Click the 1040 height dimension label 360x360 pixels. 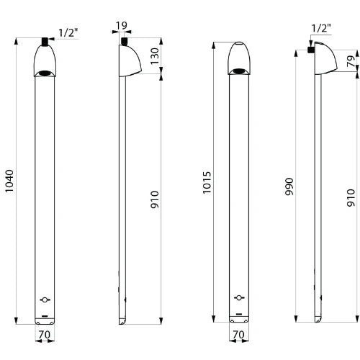[x=9, y=181]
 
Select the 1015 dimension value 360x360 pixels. [x=207, y=182]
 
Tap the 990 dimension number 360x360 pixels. [x=289, y=186]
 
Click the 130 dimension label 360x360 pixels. [x=155, y=56]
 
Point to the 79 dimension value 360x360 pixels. [x=351, y=60]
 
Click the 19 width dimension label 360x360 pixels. [x=122, y=25]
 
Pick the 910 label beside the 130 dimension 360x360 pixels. [x=155, y=199]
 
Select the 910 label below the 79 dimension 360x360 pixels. [x=351, y=197]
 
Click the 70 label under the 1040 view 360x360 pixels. [x=45, y=334]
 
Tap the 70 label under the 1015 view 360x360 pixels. [x=238, y=334]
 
